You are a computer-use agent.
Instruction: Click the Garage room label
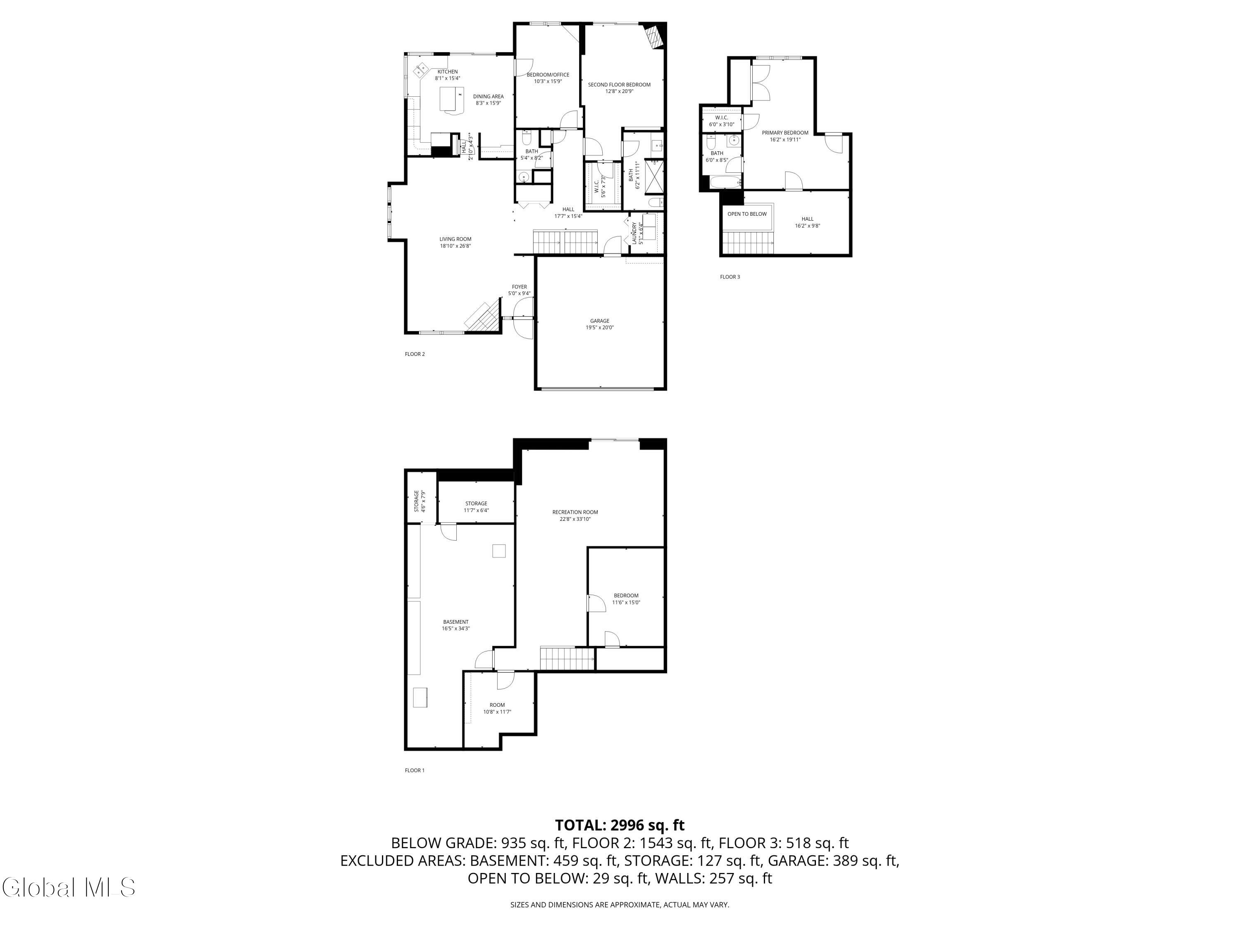coord(599,324)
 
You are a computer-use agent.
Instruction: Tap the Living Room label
coord(455,242)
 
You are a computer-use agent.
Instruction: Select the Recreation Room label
coord(575,515)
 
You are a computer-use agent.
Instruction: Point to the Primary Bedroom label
coord(785,136)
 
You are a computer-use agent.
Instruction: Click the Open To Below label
coord(747,214)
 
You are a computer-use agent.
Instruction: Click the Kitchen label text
coord(447,74)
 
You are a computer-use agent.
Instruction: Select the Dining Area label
coord(488,99)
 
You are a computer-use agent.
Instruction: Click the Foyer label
coord(519,290)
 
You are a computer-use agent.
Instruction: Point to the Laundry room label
coord(637,233)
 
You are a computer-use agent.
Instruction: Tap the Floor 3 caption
coord(730,277)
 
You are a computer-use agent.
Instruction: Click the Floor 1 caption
coord(415,770)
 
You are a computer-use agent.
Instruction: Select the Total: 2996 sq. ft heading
coord(620,825)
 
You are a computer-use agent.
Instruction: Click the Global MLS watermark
coord(68,887)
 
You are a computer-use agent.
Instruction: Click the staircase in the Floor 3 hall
coord(747,243)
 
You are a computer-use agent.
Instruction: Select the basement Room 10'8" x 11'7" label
coord(497,708)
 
